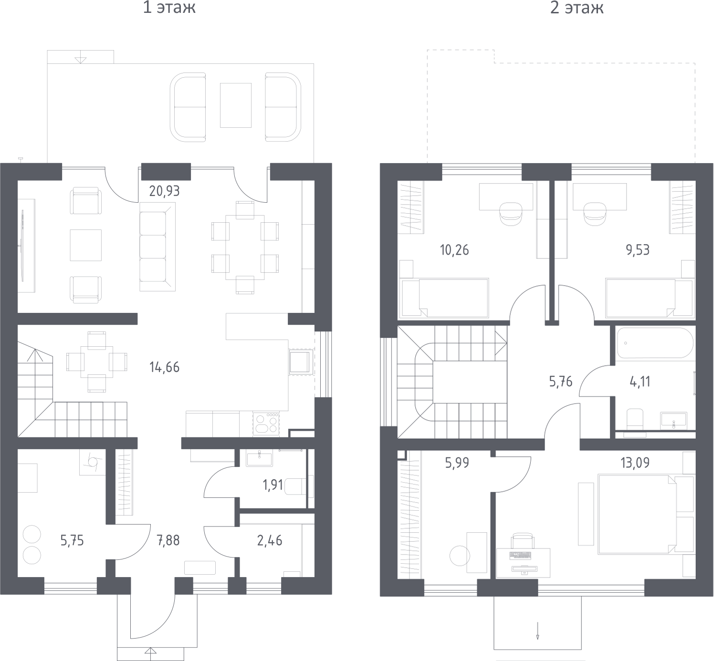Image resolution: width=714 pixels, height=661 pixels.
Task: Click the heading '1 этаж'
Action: click(169, 8)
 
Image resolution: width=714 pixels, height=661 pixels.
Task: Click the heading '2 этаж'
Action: click(577, 8)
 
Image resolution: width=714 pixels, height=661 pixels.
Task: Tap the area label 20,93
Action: click(164, 191)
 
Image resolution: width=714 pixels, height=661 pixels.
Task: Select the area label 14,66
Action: click(164, 367)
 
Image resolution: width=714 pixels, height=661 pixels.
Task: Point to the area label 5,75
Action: click(72, 540)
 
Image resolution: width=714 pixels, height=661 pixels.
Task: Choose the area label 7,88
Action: click(168, 540)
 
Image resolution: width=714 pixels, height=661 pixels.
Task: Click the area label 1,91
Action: click(273, 485)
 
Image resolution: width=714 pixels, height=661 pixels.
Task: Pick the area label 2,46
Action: click(270, 540)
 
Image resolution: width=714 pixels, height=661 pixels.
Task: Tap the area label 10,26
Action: click(454, 250)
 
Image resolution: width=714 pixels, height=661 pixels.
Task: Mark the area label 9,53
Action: click(638, 250)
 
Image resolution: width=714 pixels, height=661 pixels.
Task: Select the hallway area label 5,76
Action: click(560, 382)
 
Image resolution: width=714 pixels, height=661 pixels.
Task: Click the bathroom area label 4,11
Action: click(640, 382)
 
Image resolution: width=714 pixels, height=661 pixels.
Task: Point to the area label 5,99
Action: click(457, 463)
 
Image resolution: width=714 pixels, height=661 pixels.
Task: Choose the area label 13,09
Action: click(635, 463)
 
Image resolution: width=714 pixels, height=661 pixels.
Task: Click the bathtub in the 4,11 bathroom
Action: click(654, 343)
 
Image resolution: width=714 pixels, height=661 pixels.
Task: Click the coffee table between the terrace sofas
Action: click(235, 105)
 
